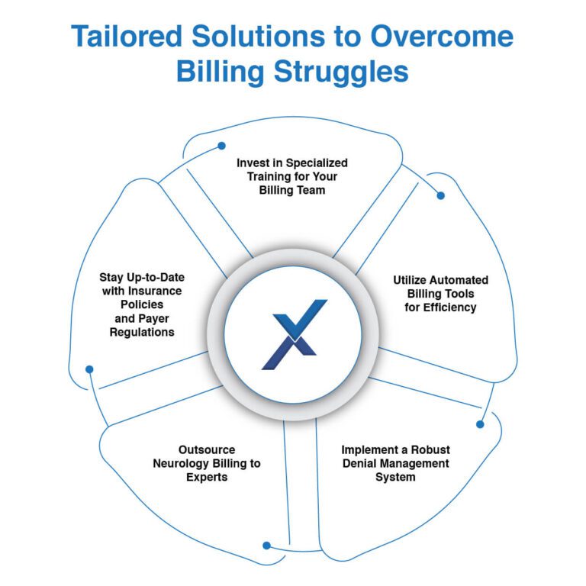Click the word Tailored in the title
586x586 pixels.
tap(127, 37)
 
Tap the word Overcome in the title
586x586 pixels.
tap(442, 37)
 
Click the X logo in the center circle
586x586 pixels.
tap(295, 334)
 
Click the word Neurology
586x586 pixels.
tap(182, 464)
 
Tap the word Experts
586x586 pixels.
tap(207, 477)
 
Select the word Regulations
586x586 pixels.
tap(142, 332)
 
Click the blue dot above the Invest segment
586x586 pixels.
tap(221, 146)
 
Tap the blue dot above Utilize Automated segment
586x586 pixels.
tap(440, 195)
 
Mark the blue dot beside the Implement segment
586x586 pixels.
tap(480, 424)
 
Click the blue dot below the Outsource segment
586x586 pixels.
tap(266, 546)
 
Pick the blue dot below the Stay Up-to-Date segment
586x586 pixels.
tap(89, 369)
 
